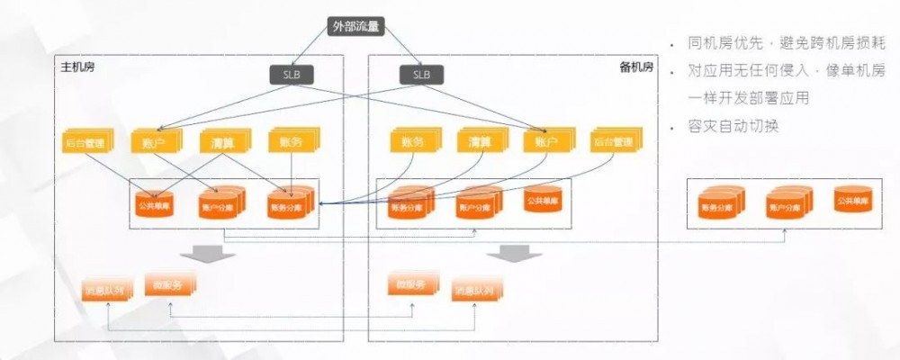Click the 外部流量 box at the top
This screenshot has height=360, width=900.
tap(357, 26)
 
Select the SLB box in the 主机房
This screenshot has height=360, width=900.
tap(292, 75)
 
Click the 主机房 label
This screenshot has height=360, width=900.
tap(77, 67)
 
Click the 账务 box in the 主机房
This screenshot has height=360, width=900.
tap(290, 141)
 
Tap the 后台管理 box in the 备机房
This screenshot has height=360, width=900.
tap(616, 141)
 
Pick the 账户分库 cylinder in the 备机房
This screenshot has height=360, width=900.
tap(476, 204)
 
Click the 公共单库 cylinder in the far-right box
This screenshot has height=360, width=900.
tap(850, 201)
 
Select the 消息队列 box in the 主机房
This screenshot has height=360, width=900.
tap(108, 290)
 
